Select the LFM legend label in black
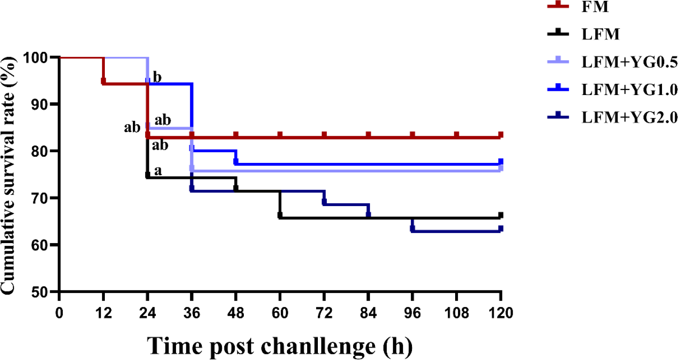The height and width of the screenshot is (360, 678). click(x=600, y=34)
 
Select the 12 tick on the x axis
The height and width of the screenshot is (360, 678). click(x=103, y=313)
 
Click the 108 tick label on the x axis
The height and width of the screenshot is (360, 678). click(x=456, y=313)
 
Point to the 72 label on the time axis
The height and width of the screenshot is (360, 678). click(x=324, y=313)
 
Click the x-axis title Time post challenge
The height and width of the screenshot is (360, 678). click(x=280, y=346)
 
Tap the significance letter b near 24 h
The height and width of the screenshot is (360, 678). click(x=157, y=77)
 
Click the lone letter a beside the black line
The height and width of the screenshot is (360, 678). click(x=158, y=170)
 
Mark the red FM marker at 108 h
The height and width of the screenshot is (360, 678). click(x=456, y=135)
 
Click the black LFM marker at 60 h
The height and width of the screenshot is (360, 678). click(x=280, y=215)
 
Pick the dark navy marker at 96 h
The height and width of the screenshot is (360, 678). click(x=412, y=228)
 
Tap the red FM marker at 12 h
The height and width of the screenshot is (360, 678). click(x=104, y=81)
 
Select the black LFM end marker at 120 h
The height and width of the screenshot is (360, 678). click(x=500, y=215)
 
